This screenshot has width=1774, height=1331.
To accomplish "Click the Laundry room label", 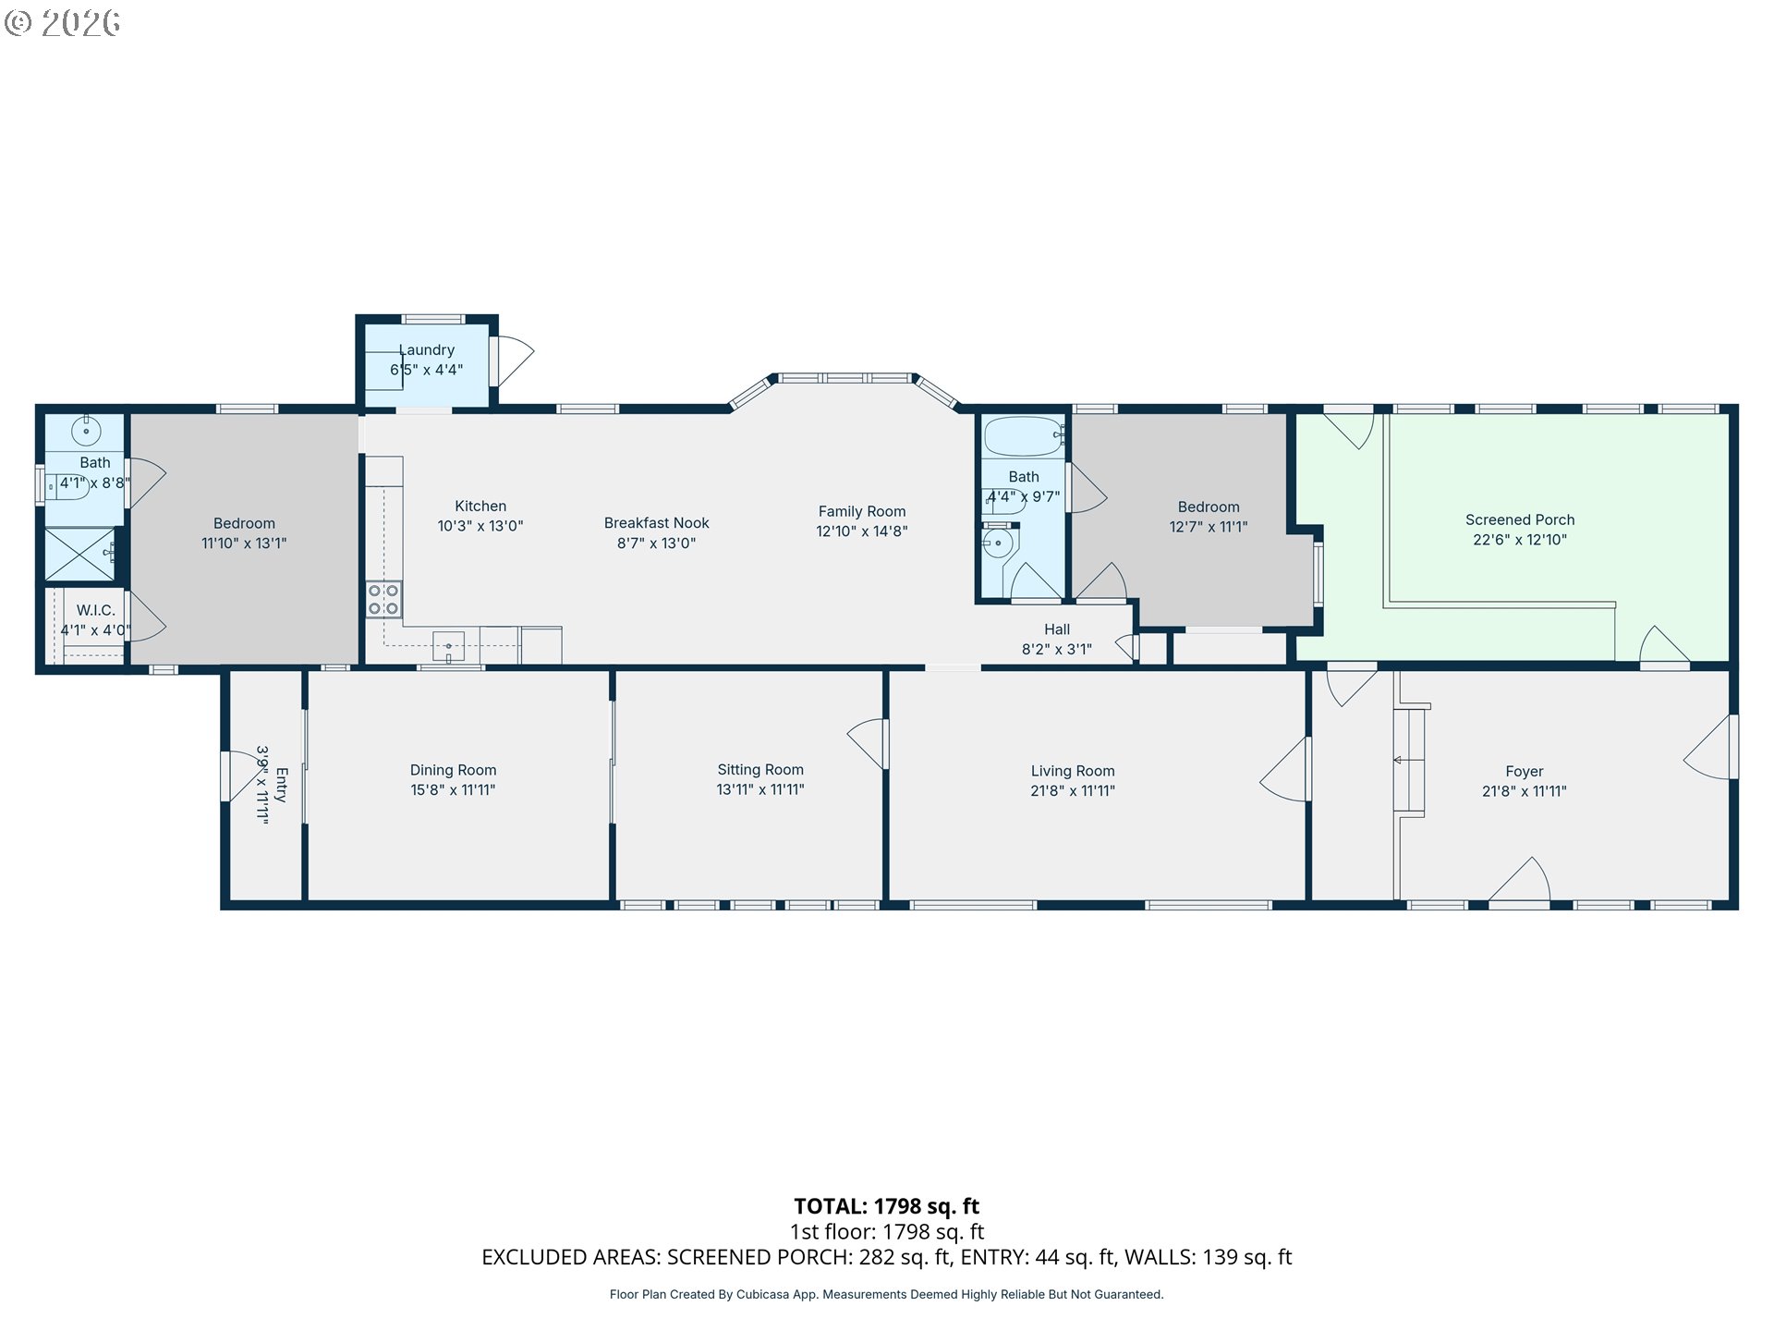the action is [427, 350].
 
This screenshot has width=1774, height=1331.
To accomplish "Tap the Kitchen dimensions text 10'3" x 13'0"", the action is [480, 526].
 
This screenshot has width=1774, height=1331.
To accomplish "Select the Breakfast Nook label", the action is [657, 523].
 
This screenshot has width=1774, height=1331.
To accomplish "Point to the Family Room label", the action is [862, 511].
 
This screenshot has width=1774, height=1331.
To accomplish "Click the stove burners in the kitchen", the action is [384, 599].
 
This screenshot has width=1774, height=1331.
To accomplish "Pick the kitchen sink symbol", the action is [449, 646].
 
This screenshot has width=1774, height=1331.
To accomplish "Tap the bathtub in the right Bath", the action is [1024, 436].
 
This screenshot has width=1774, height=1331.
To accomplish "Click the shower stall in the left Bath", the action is [80, 555].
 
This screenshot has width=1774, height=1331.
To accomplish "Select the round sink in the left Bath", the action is [86, 431].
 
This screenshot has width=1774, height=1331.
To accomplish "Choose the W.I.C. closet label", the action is [96, 610].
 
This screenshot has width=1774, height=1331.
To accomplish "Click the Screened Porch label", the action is [1520, 520].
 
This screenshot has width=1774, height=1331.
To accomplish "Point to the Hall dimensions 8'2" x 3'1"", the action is [1057, 650].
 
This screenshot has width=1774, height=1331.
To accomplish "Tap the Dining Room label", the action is [454, 770].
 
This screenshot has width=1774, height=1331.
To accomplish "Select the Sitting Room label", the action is [760, 770].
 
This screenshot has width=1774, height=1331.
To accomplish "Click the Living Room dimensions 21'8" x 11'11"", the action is [1073, 791].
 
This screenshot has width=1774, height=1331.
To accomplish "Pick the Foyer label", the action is [1525, 772].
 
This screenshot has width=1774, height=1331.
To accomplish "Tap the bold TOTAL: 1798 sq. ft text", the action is [887, 1206].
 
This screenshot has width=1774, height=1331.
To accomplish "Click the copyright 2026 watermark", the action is [63, 22].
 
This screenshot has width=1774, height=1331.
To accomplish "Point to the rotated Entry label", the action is [282, 785].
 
